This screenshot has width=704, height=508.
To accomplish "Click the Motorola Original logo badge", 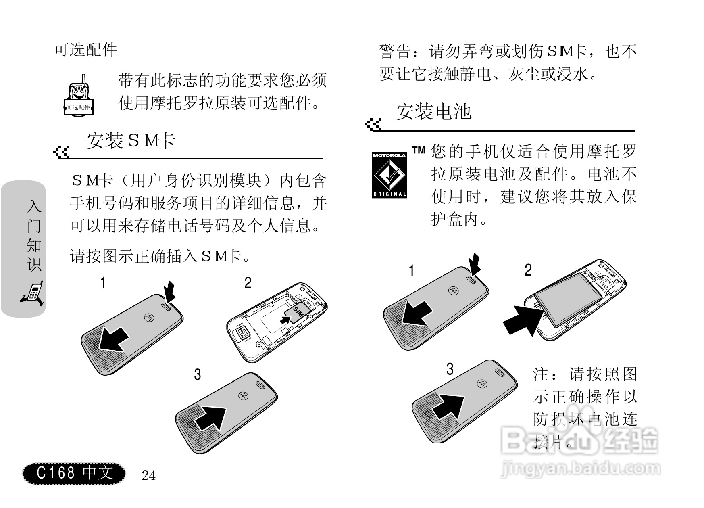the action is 389,174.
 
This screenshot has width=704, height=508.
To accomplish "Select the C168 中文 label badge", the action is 74,473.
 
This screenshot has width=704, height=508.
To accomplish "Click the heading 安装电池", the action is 433,112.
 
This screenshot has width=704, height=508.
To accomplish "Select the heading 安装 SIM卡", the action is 131,141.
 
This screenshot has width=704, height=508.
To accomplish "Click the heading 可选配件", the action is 85,50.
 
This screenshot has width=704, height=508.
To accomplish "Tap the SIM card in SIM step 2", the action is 297,312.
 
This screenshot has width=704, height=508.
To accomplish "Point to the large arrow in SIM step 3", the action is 211,418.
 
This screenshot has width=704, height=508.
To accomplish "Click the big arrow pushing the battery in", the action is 523,320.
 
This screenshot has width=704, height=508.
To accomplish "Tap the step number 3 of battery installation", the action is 450,369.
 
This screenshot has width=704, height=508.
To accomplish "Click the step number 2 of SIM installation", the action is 248,283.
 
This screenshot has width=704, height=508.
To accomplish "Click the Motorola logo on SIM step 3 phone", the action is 243,396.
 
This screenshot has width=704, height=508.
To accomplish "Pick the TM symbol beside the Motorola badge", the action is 419,151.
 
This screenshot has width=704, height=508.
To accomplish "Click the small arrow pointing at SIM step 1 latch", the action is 171,291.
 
